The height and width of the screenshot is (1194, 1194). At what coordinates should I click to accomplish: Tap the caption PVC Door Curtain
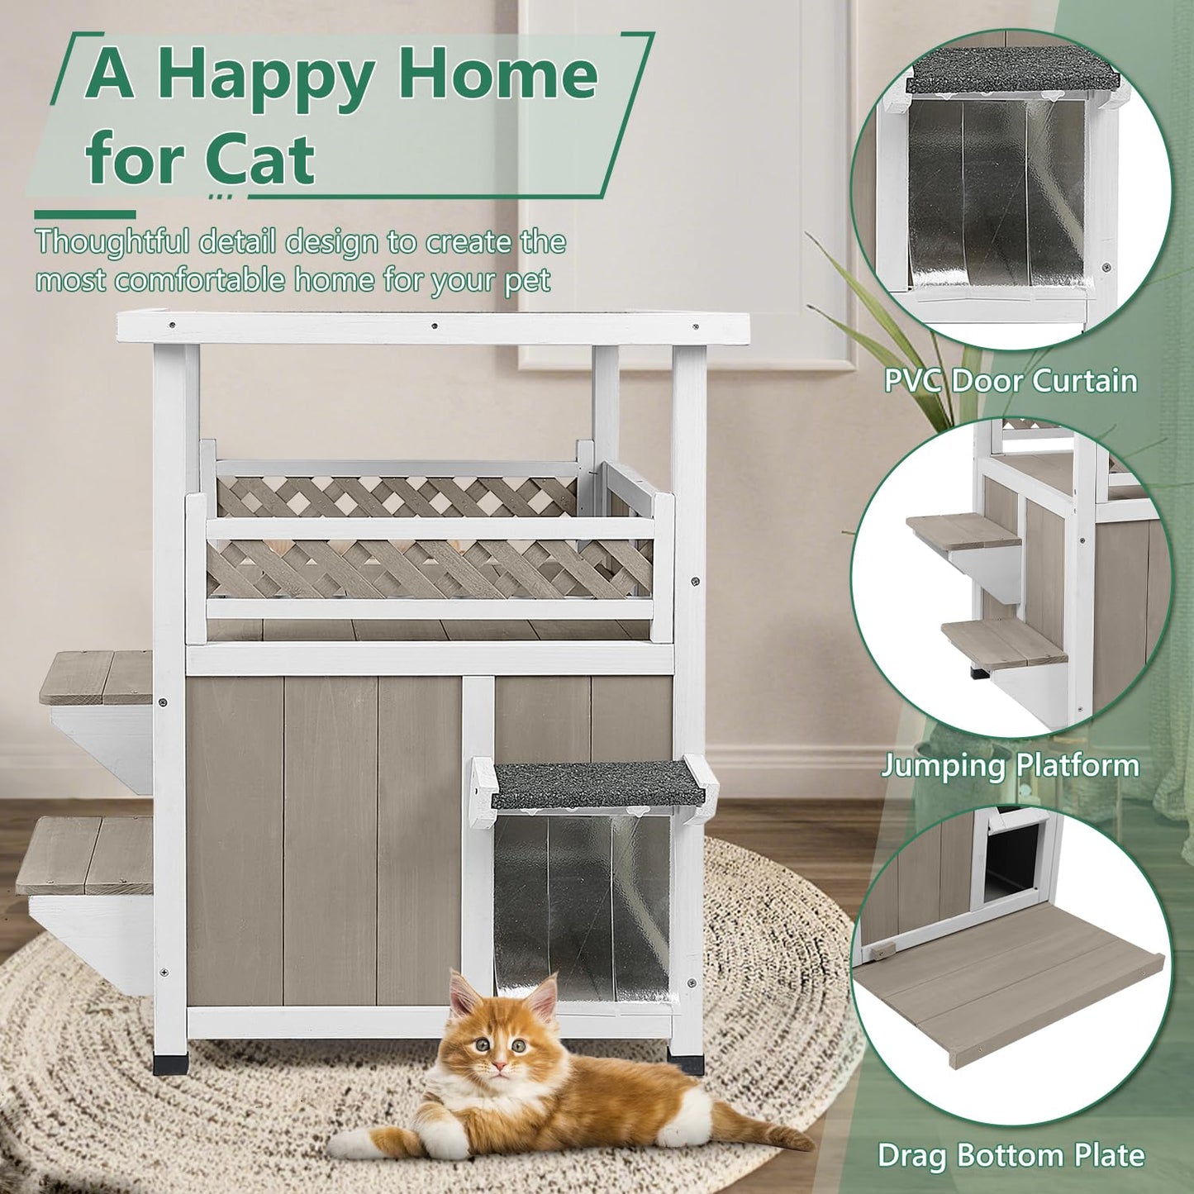pos(1010,381)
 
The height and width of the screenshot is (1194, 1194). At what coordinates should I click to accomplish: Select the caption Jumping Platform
pos(1010,765)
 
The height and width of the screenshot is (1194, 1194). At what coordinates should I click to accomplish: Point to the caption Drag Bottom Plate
pos(1011,1154)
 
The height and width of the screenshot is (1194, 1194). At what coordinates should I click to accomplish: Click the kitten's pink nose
pos(498,1066)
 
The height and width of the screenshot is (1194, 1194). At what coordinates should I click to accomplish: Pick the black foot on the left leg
pos(169,1063)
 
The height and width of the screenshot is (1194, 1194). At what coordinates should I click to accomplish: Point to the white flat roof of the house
pos(433,327)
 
